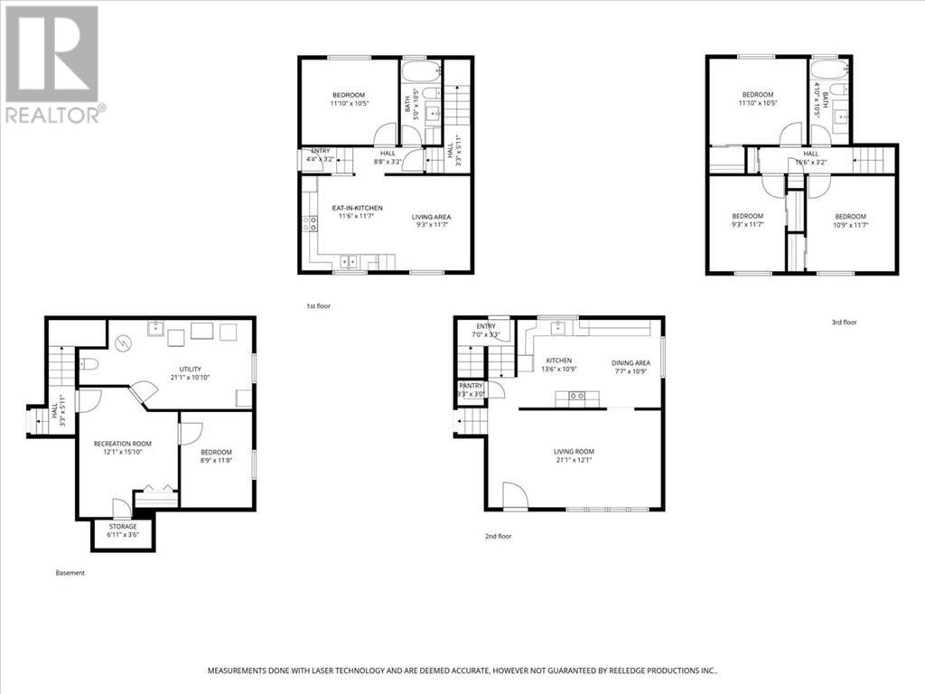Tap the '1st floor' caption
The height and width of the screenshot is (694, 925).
pos(318,306)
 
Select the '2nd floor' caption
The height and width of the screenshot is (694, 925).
pos(498,536)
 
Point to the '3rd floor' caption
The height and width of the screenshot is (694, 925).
pos(844,322)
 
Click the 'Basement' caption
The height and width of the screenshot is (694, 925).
pos(70,572)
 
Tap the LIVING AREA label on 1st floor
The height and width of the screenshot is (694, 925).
pos(431,217)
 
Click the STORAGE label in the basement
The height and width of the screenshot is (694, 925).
pos(123,526)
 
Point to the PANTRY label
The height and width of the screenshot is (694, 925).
pos(472,385)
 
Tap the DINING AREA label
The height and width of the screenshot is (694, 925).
pos(630,361)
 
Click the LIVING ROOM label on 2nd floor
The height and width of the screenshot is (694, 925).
pos(575,451)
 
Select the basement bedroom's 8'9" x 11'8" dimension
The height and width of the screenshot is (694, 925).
pos(216,461)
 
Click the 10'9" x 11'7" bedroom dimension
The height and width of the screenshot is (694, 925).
pos(850,225)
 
